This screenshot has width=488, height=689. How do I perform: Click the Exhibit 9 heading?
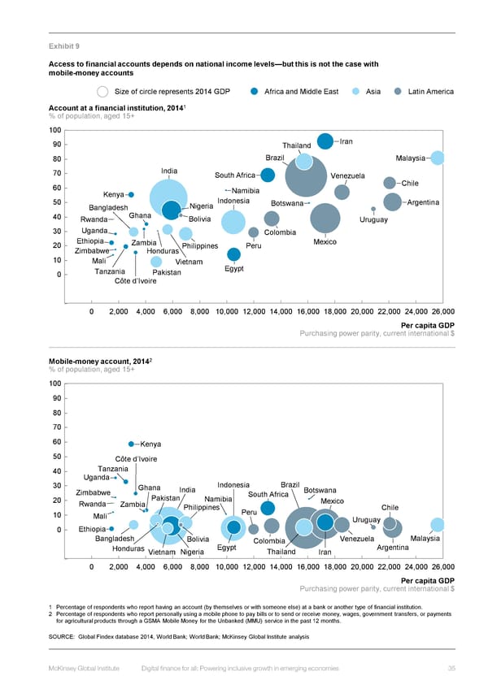(x=63, y=46)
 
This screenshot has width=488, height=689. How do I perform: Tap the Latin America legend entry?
(x=430, y=92)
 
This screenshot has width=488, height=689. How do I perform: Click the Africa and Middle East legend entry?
(x=301, y=92)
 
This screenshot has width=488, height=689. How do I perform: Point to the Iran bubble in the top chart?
(x=325, y=141)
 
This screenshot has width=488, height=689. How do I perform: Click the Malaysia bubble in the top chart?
(x=438, y=158)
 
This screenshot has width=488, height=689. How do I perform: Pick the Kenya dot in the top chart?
(x=131, y=194)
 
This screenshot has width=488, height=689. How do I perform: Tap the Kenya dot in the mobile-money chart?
(x=131, y=444)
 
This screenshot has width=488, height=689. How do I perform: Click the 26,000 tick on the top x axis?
(x=442, y=311)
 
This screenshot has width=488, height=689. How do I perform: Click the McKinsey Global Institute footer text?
(x=85, y=669)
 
